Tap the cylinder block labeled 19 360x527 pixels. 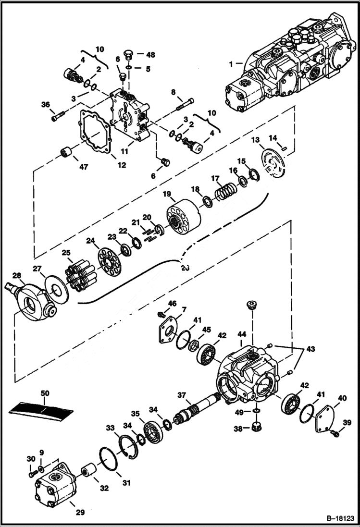pyautogui.click(x=183, y=217)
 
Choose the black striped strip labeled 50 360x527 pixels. pyautogui.click(x=42, y=409)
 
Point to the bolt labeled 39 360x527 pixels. pyautogui.click(x=335, y=434)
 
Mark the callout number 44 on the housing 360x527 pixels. pyautogui.click(x=241, y=333)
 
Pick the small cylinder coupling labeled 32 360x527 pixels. pyautogui.click(x=87, y=468)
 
